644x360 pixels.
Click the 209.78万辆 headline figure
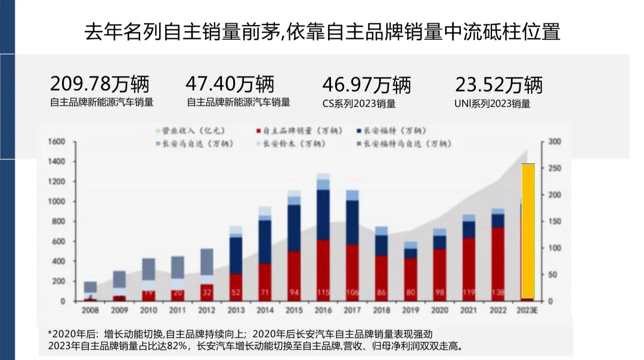(100, 84)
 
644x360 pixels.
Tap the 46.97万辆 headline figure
(366, 85)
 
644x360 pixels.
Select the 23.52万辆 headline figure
(499, 85)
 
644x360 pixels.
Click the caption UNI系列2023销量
(492, 103)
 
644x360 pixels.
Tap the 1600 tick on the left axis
(56, 142)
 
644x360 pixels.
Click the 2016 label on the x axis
(323, 311)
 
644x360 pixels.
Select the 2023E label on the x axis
(527, 311)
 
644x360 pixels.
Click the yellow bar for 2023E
(528, 229)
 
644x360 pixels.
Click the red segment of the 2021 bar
(469, 268)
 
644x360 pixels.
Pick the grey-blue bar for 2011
(178, 267)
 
